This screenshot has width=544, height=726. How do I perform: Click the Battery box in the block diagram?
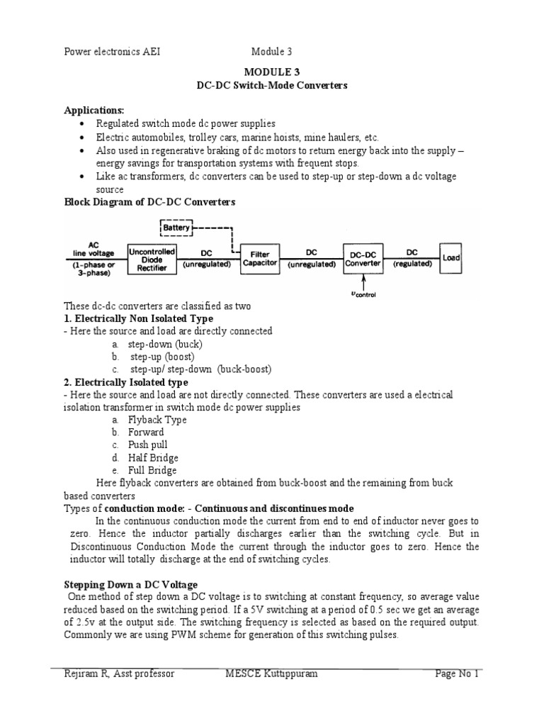click(176, 228)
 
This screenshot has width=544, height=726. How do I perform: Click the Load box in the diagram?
click(451, 259)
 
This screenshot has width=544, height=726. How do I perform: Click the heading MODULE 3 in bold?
click(272, 72)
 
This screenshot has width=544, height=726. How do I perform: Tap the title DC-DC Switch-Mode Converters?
click(272, 86)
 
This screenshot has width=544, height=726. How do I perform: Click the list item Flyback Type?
click(157, 420)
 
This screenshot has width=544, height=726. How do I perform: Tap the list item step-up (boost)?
click(161, 357)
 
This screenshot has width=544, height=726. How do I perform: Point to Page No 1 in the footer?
click(458, 674)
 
